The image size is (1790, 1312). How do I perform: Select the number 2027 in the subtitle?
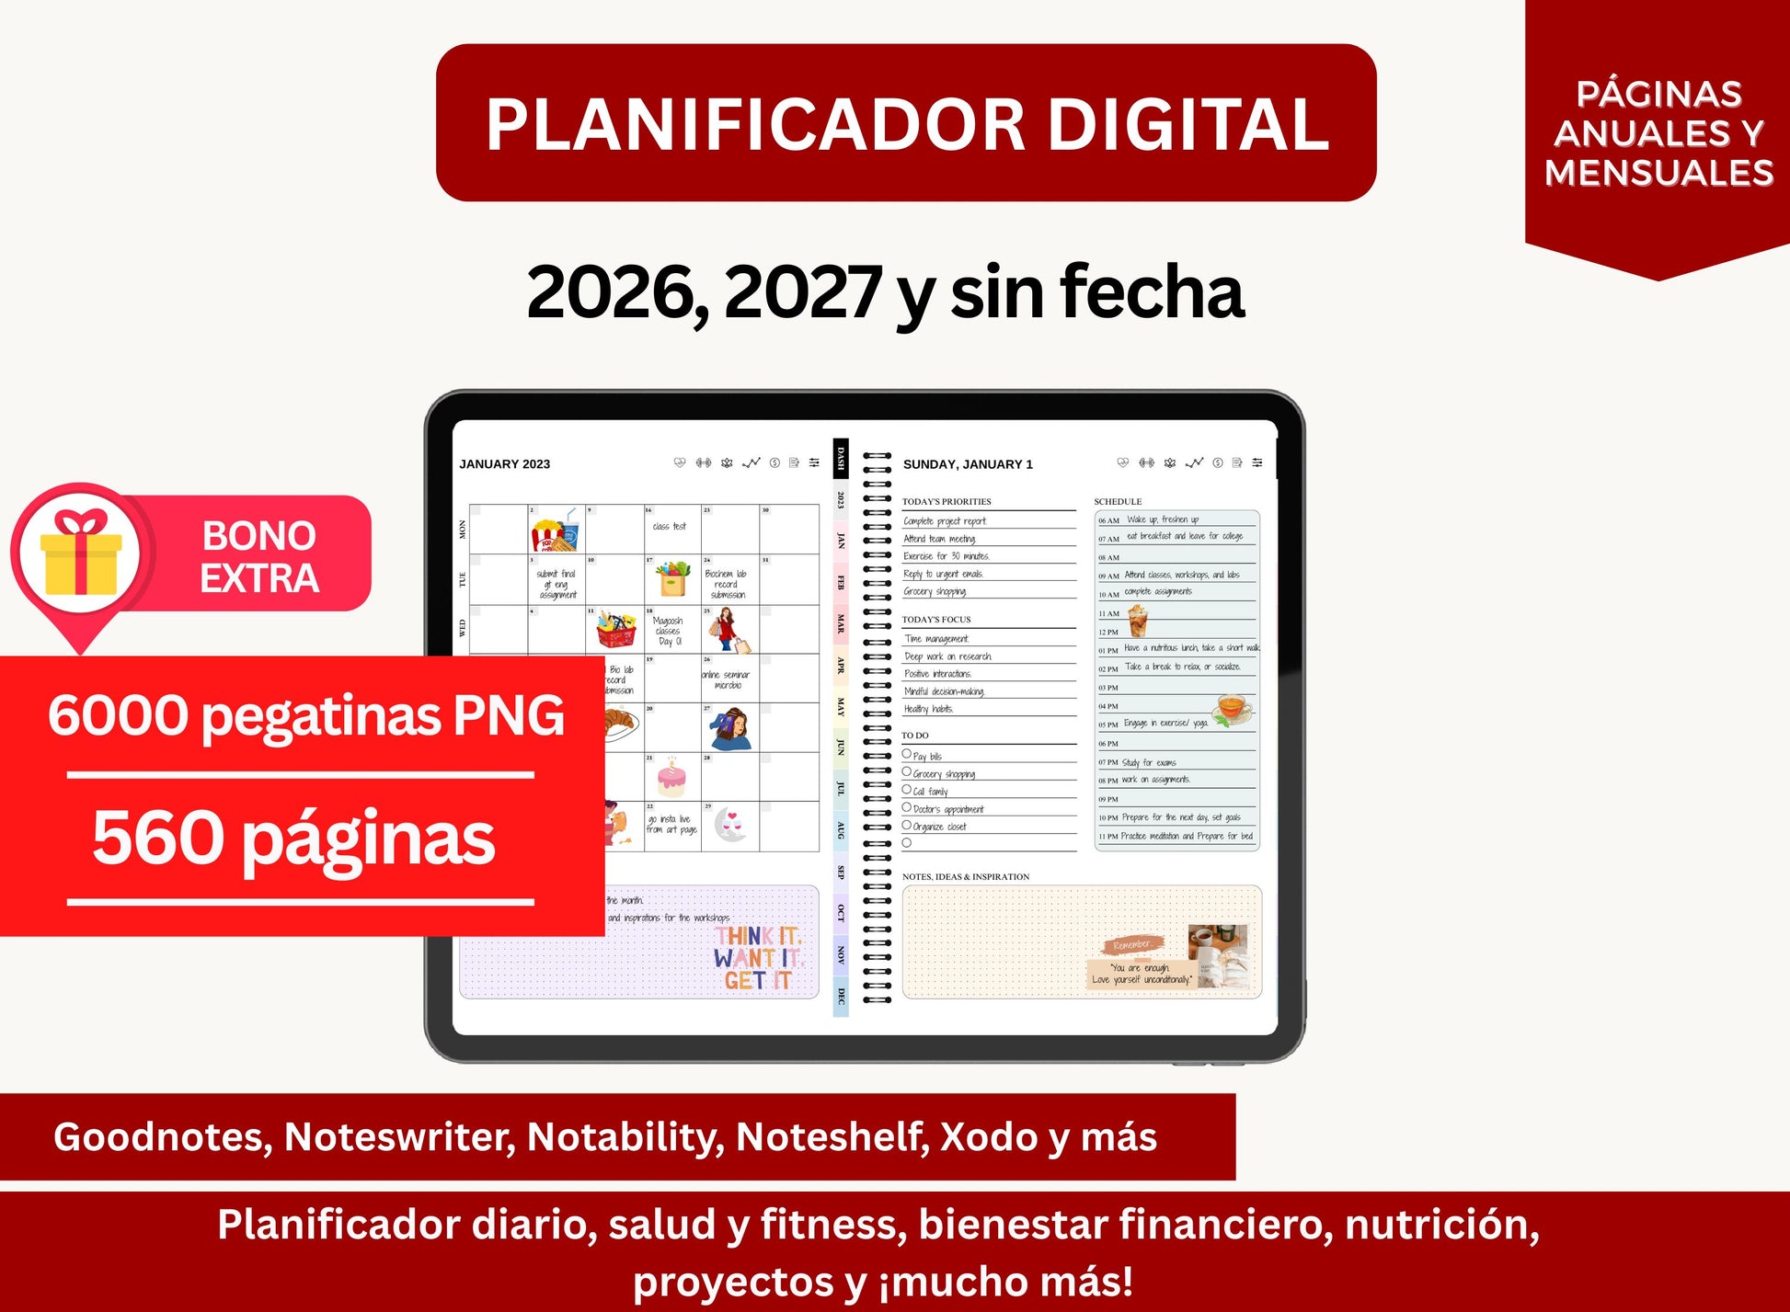803,292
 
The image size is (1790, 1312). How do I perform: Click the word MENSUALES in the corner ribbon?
1658,173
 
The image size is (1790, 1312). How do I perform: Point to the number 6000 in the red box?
117,715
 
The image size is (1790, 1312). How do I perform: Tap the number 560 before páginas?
158,838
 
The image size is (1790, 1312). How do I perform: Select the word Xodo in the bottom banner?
989,1137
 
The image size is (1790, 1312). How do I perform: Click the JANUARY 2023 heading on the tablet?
504,464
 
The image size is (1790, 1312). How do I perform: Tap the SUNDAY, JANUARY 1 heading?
968,464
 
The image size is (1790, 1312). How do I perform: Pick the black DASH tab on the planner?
841,458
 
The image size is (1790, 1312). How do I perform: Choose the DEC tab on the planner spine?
841,997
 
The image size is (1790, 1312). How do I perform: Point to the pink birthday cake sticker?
671,778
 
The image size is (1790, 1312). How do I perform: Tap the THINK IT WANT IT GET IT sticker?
758,959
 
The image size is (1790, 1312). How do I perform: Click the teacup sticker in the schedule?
1233,709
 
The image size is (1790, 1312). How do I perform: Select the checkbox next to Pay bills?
907,754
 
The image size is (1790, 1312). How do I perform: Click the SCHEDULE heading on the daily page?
1118,501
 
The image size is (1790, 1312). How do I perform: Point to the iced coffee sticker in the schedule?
1138,622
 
